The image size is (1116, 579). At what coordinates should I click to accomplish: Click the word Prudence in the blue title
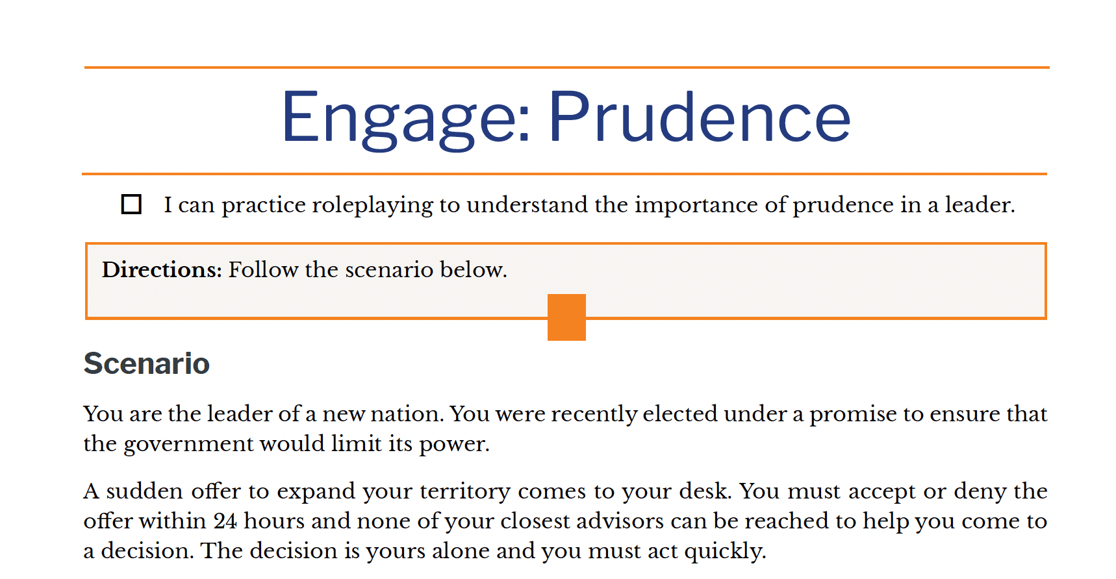click(699, 116)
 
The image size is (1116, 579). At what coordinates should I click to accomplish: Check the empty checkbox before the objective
click(131, 204)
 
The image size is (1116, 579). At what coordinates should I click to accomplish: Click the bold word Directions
click(162, 269)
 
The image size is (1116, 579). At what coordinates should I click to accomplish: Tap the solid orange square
click(566, 317)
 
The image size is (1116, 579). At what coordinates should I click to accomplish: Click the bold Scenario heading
click(147, 363)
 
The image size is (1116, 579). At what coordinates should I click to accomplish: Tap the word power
click(454, 445)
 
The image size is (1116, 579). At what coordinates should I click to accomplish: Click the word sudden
click(145, 491)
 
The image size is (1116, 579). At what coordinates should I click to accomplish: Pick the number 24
click(225, 521)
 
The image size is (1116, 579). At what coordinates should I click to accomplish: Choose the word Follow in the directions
click(263, 269)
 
